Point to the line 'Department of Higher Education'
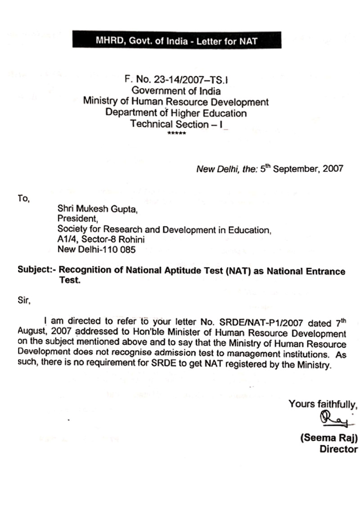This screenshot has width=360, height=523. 176,112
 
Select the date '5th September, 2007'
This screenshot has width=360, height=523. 301,170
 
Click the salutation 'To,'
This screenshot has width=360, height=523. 23,198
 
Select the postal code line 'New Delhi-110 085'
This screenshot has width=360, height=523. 96,250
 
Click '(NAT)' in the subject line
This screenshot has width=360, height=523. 237,271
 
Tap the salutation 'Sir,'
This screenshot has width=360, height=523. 24,301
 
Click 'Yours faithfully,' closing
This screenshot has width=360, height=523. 323,404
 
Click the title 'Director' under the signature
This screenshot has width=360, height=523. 338,449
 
